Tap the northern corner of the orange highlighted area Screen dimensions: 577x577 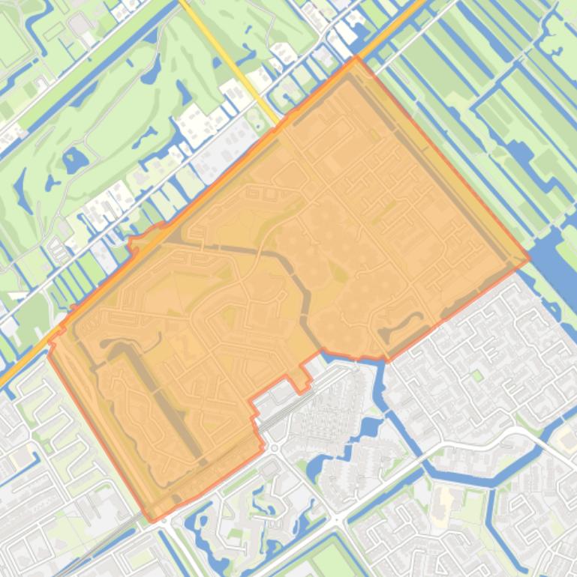coord(356,58)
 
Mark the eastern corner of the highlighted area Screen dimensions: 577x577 coord(529,259)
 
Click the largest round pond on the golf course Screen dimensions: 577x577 coord(75,159)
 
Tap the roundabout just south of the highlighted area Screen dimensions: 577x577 coord(273,448)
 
